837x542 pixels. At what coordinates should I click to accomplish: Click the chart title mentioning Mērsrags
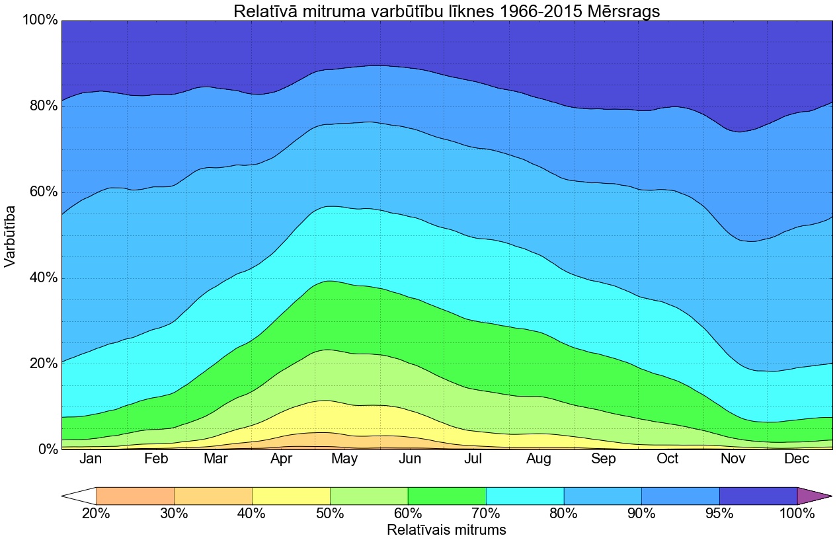446,11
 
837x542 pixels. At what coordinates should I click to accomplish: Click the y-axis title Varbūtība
11,235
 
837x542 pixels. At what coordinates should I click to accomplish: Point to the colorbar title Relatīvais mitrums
446,530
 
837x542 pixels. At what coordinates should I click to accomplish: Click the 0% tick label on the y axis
43,449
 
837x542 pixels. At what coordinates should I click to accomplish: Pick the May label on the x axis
344,459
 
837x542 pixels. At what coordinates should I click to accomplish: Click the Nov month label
733,459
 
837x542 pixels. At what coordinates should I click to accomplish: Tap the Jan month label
91,459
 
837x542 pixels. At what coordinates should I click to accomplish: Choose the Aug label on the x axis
539,459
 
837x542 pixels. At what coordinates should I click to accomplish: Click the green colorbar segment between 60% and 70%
447,496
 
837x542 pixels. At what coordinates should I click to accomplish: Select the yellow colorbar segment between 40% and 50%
291,496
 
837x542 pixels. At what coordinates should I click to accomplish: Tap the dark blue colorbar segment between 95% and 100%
758,496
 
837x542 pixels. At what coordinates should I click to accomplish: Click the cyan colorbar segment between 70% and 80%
525,496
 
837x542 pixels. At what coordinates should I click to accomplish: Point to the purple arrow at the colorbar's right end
812,496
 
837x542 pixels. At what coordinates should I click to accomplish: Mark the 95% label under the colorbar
719,514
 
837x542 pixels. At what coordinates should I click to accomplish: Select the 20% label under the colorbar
97,514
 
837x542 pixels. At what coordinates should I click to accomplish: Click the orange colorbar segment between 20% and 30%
135,496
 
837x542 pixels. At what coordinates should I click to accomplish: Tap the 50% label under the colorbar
330,514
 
